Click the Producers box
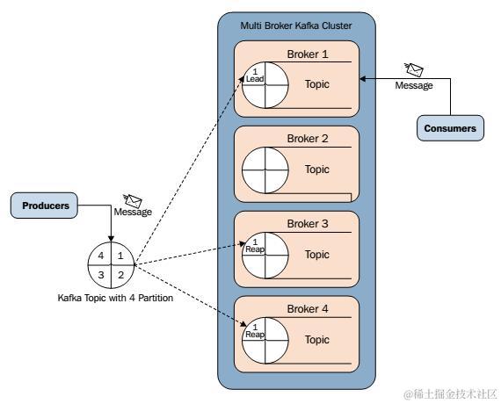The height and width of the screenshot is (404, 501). pos(44,206)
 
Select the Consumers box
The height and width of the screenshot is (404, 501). pos(450,128)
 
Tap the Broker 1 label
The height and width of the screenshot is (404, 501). pos(308,54)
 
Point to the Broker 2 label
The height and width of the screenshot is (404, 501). pos(308,139)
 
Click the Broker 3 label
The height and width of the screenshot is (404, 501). pos(308,224)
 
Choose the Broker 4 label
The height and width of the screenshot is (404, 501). pos(308,309)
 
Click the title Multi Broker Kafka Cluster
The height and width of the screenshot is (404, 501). pos(296,25)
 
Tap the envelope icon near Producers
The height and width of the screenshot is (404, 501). pos(132,200)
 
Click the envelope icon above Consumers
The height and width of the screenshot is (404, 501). pos(413,69)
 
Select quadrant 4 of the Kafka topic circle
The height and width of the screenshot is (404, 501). pos(101,255)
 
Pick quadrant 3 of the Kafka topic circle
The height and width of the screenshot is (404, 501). pos(101,275)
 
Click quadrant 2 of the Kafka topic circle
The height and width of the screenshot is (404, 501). pos(120,275)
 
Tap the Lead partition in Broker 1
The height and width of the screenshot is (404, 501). pos(255,75)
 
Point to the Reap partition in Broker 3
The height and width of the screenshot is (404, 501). pos(255,245)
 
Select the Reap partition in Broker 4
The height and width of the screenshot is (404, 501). pos(255,330)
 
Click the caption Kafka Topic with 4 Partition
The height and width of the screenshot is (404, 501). pos(115,298)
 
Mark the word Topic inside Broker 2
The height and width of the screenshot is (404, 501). pos(317,170)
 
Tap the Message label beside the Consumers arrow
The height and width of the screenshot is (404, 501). pos(414,85)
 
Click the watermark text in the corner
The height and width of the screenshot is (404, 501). pos(451,394)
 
